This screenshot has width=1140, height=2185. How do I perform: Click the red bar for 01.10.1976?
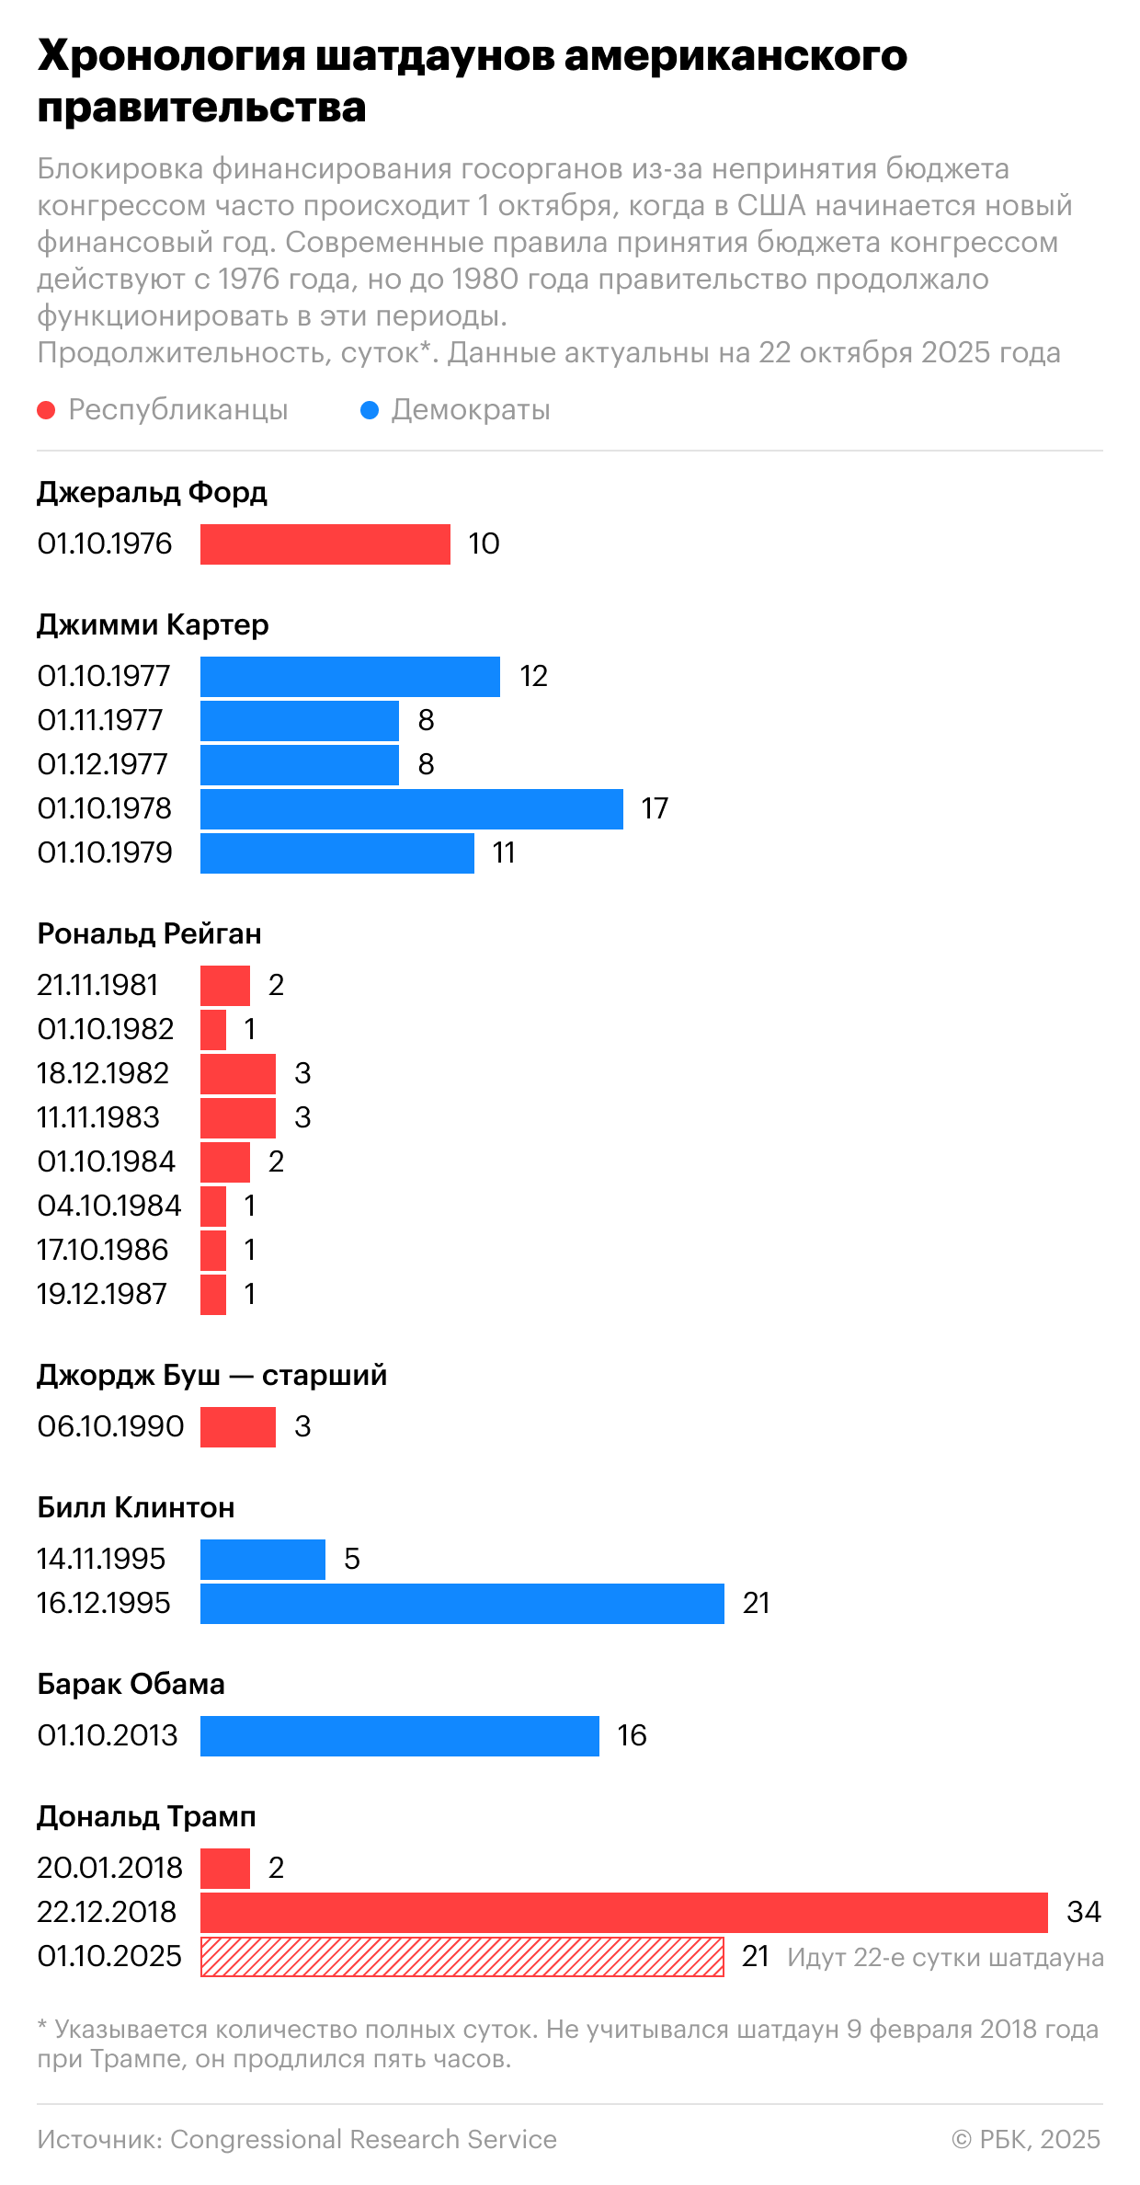coord(325,543)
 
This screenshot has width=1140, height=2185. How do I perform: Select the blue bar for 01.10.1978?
coord(411,808)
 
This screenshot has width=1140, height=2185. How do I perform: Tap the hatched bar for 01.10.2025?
coord(462,1956)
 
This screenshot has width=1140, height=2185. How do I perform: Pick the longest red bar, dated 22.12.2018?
coord(623,1912)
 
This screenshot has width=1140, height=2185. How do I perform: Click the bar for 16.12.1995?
coord(462,1603)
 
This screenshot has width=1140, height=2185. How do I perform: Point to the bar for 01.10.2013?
coord(399,1735)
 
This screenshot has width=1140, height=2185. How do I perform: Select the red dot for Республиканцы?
coord(46,410)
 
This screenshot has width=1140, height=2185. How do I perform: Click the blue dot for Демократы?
coord(370,410)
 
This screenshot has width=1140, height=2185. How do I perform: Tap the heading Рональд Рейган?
coord(149,933)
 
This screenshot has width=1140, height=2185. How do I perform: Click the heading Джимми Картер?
coord(153,624)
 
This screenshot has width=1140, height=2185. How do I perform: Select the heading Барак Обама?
coord(131,1684)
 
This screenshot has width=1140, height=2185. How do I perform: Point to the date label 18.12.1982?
coord(103,1073)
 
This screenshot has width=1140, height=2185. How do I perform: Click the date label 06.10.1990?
coord(110,1426)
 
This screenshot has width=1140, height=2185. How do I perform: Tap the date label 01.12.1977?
coord(103,764)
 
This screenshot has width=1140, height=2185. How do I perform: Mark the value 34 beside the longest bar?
coord(1083,1912)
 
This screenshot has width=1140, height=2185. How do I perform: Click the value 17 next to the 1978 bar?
coord(655,808)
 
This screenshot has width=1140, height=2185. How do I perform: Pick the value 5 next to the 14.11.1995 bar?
coord(351,1559)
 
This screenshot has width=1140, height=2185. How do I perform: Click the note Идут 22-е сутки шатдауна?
coord(944,1957)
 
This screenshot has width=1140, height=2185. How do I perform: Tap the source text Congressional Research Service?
coord(363,2139)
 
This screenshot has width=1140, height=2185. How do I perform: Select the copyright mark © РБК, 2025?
coord(1025,2139)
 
